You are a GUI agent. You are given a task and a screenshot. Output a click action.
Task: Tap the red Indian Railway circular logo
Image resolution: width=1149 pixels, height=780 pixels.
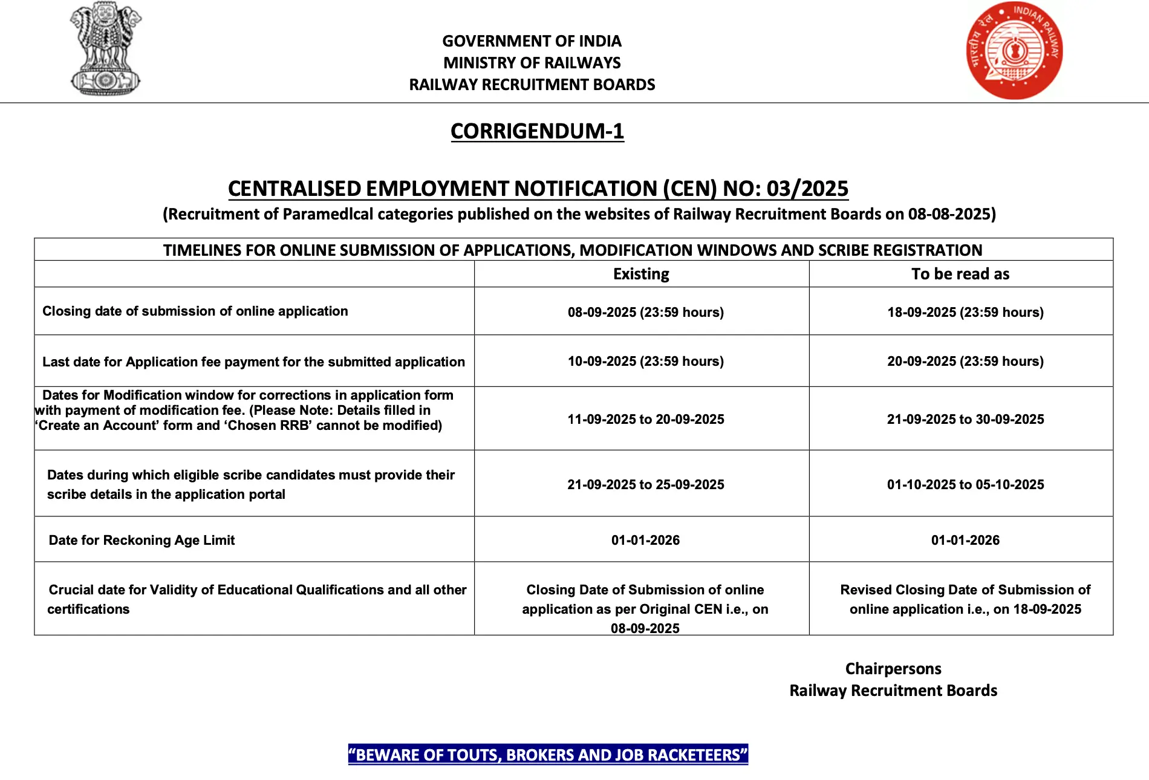tap(1014, 51)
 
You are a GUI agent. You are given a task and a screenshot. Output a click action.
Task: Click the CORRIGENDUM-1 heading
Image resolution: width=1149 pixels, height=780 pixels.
tap(537, 131)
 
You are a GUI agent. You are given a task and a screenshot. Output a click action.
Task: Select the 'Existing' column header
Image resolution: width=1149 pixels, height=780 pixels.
tap(641, 274)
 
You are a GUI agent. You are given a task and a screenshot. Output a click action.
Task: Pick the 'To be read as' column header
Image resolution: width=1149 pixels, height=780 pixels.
tap(960, 274)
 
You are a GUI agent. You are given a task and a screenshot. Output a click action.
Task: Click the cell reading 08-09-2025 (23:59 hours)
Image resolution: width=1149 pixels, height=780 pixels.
tap(645, 312)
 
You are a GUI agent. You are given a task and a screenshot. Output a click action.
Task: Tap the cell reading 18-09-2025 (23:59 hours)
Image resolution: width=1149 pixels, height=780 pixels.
tap(965, 312)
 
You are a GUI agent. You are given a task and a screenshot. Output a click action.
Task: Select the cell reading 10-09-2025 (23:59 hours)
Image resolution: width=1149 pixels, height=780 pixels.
tap(645, 361)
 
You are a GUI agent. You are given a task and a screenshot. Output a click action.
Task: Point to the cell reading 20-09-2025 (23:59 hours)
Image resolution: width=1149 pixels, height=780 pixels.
tap(965, 361)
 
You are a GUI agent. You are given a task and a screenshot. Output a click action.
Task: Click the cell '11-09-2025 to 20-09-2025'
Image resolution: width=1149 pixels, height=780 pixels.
tap(645, 419)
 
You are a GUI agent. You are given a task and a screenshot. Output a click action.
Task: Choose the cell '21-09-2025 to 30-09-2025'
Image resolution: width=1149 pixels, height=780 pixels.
tap(965, 419)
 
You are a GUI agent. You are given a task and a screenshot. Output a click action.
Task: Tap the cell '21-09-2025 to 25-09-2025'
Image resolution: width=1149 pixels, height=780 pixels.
tap(645, 484)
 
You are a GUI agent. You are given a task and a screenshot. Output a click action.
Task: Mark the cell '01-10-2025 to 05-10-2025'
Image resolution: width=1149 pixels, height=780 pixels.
tap(965, 484)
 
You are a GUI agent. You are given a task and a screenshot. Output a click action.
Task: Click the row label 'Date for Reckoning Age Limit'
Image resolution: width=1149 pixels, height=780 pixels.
tap(142, 540)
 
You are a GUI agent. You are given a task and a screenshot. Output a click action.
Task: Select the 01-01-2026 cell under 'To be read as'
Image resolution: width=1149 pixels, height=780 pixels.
tap(965, 540)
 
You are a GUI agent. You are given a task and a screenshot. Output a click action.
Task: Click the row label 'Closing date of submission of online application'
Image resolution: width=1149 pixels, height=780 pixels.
tap(195, 311)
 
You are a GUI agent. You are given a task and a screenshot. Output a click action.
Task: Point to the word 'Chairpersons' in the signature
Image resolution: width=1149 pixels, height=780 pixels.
tap(893, 669)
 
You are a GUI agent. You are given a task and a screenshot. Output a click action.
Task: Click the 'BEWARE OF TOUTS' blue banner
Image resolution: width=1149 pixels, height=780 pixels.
tap(548, 755)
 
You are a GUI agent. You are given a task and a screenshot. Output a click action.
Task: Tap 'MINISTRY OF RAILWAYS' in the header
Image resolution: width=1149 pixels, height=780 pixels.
tap(532, 63)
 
